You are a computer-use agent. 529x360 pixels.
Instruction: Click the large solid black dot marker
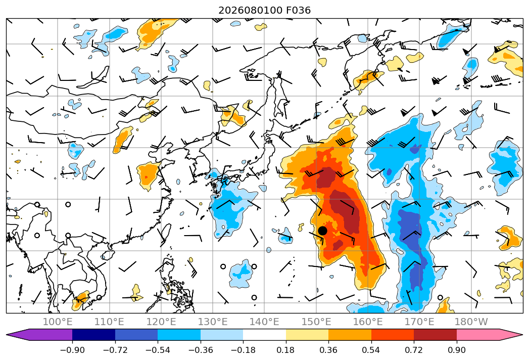click(322, 231)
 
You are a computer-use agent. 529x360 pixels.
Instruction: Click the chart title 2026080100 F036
click(265, 11)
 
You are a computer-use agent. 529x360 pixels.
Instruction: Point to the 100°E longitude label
click(58, 322)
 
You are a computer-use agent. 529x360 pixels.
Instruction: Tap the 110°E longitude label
click(109, 322)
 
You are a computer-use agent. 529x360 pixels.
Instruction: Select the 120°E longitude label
click(161, 322)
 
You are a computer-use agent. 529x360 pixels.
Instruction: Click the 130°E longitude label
click(213, 322)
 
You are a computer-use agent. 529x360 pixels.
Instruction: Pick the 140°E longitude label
click(264, 322)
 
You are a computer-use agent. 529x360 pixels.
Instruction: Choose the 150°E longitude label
click(316, 322)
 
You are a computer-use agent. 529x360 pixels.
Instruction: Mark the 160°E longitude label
click(368, 322)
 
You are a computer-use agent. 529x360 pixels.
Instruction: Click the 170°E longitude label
click(419, 322)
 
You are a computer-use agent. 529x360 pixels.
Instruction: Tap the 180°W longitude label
click(471, 322)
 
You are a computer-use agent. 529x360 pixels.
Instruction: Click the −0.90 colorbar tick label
click(72, 350)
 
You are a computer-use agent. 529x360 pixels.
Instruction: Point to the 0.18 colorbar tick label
click(285, 350)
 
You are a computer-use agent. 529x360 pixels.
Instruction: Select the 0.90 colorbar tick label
click(456, 350)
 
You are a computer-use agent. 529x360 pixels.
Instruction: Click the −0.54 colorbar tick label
click(158, 350)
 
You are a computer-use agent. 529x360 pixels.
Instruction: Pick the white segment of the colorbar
click(265, 334)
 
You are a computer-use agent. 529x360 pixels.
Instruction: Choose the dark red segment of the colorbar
click(435, 334)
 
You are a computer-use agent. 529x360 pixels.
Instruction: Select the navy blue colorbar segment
click(94, 334)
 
